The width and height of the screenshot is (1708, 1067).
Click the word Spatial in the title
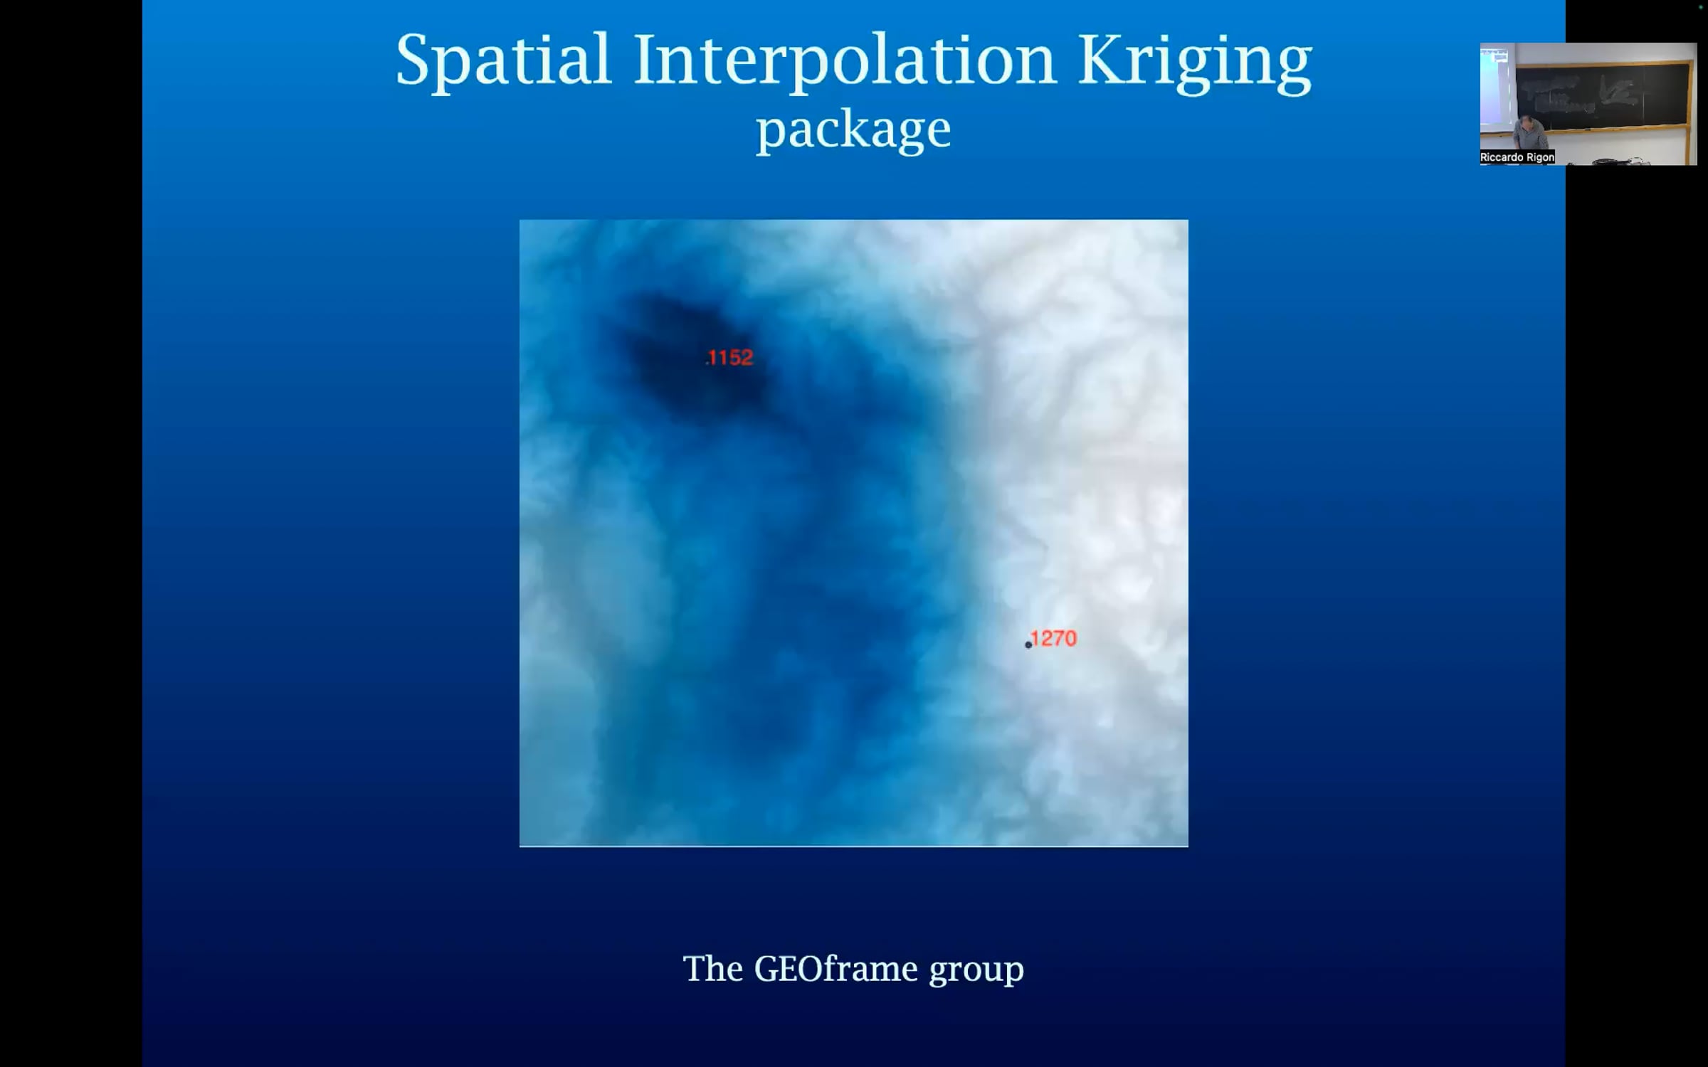[x=503, y=60]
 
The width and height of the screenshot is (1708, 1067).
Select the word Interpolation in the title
[x=843, y=60]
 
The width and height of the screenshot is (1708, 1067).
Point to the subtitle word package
[x=853, y=130]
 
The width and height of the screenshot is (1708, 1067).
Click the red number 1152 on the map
[x=730, y=357]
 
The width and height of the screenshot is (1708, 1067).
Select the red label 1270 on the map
[x=1054, y=638]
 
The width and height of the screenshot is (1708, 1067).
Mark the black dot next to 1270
[x=1028, y=645]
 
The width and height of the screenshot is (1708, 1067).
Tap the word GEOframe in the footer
[x=835, y=969]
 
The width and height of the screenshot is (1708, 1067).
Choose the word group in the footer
[x=976, y=970]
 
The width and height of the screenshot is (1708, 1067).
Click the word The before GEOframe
[x=713, y=969]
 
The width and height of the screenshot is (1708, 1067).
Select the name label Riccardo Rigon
[x=1517, y=157]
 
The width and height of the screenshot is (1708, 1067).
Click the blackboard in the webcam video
[x=1605, y=96]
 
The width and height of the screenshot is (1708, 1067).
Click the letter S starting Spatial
[x=412, y=60]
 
